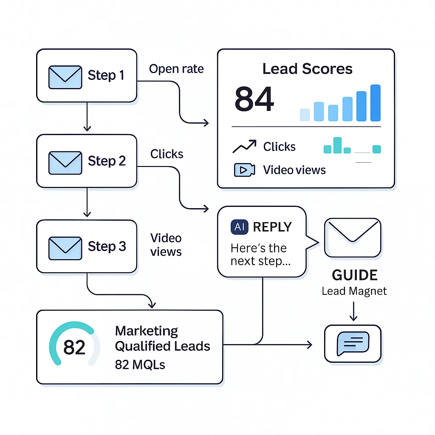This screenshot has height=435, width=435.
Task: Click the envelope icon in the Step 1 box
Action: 65,77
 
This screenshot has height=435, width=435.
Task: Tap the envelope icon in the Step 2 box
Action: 65,162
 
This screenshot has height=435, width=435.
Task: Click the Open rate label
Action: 176,69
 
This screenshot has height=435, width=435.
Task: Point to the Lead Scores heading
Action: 307,69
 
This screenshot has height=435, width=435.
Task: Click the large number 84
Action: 254,99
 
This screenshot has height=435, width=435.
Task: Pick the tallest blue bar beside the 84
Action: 375,103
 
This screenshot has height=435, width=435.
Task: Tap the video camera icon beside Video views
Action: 244,170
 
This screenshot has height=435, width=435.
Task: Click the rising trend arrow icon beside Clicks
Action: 244,147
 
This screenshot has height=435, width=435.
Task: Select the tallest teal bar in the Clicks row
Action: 337,145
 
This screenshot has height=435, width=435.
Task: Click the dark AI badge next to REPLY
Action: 240,227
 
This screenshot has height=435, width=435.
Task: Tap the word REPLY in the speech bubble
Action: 272,227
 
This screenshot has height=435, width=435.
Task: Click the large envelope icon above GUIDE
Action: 352,237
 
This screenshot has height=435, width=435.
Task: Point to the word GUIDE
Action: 354,275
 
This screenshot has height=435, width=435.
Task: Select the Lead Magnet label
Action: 354,291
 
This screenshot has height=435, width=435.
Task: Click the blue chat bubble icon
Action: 353,343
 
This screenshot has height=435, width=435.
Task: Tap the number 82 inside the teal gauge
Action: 74,347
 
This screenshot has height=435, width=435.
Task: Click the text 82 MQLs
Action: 140,364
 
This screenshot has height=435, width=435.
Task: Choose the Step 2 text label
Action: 107,161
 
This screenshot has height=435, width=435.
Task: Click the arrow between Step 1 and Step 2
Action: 87,116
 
